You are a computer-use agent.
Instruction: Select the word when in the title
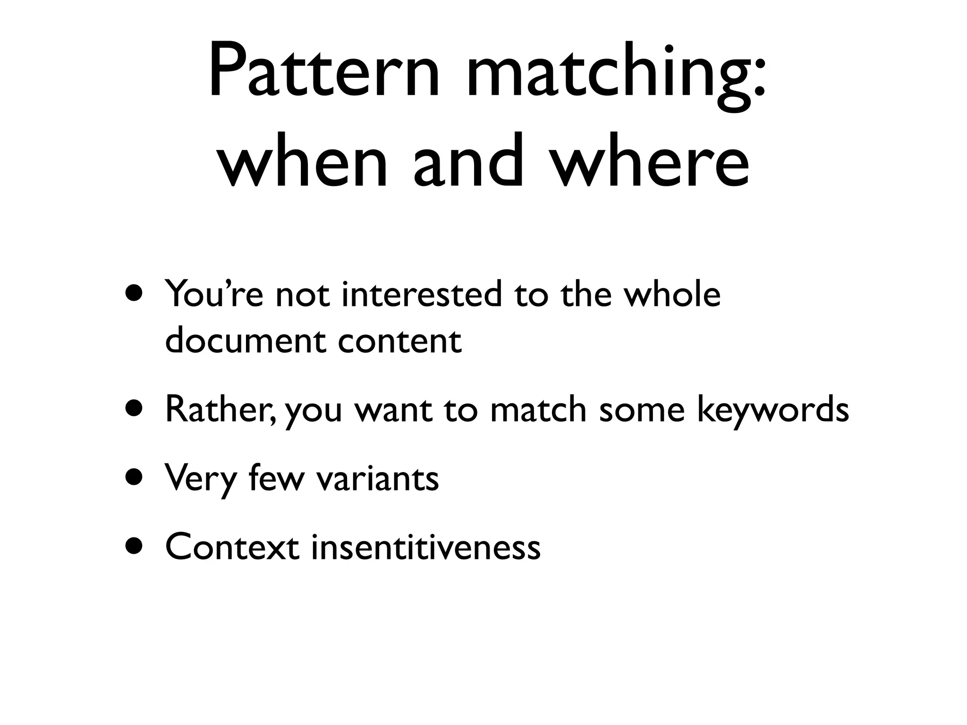[x=302, y=160]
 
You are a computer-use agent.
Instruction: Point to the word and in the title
[x=468, y=160]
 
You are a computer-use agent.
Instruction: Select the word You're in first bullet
[x=214, y=294]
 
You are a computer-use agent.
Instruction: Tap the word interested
[x=422, y=294]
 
